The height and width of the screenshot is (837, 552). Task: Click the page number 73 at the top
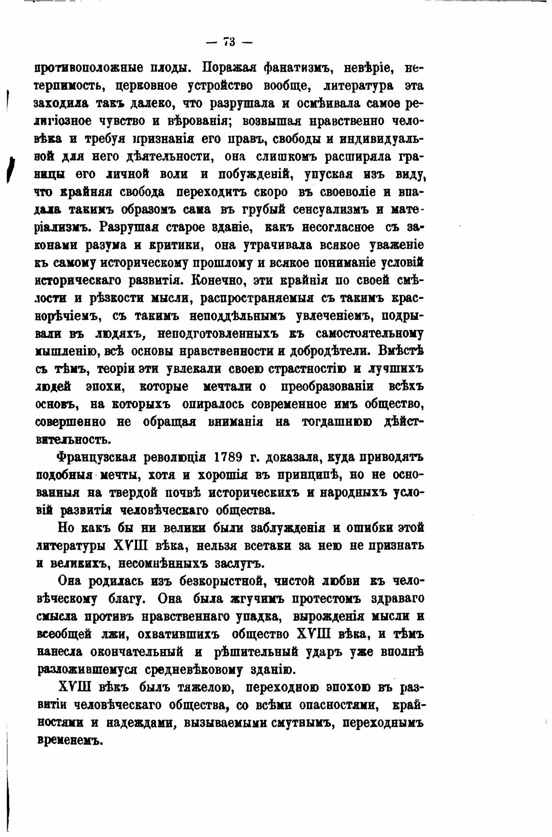[229, 42]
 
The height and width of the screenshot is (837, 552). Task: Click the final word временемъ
[71, 741]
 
